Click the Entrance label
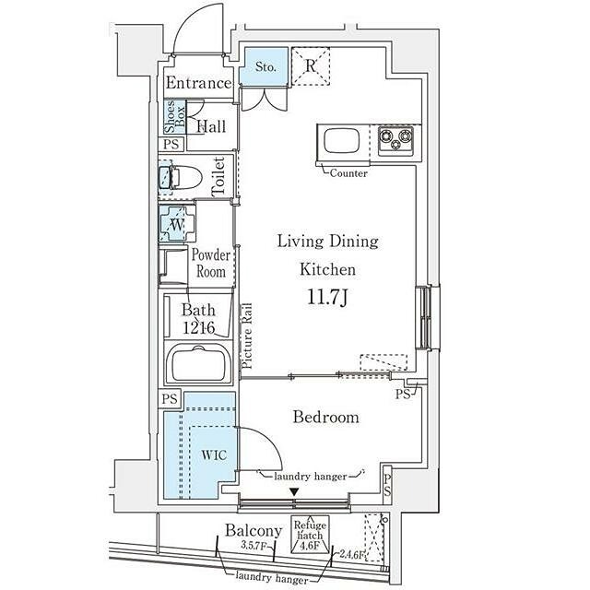pyautogui.click(x=198, y=84)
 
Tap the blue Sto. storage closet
pyautogui.click(x=265, y=66)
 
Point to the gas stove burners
pyautogui.click(x=397, y=141)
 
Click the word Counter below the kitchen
pyautogui.click(x=348, y=172)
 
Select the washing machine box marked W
pyautogui.click(x=175, y=222)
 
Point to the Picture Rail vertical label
pyautogui.click(x=247, y=336)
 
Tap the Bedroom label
pyautogui.click(x=325, y=418)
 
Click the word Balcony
pyautogui.click(x=253, y=531)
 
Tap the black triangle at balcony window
pyautogui.click(x=293, y=491)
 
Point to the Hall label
pyautogui.click(x=211, y=127)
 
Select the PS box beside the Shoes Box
pyautogui.click(x=171, y=144)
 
